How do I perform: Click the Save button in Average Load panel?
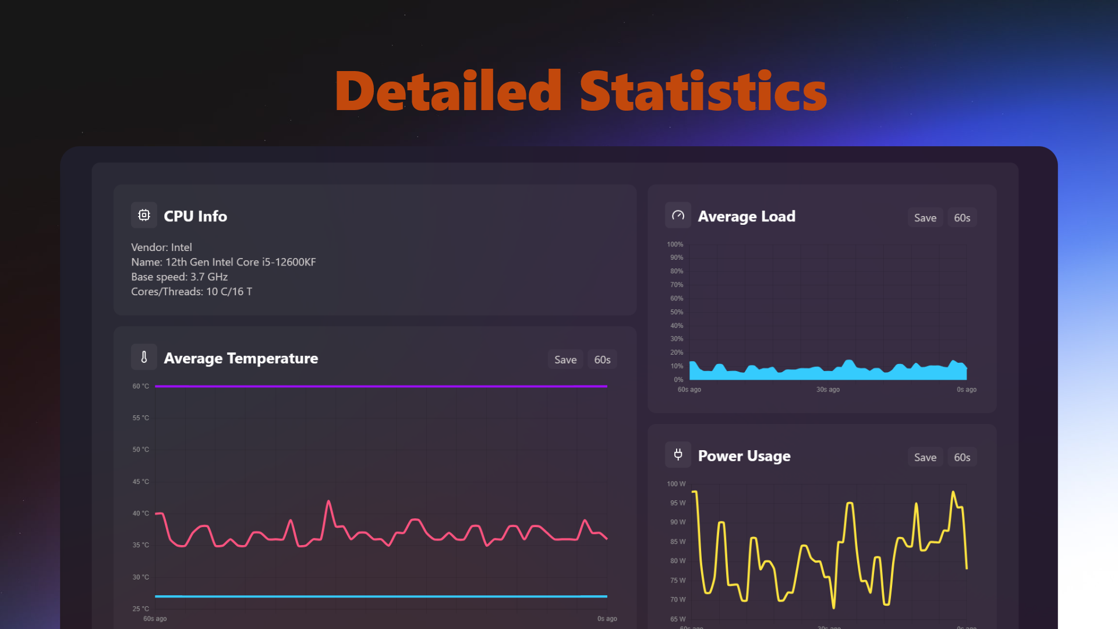pyautogui.click(x=925, y=218)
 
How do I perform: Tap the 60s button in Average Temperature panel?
pyautogui.click(x=602, y=360)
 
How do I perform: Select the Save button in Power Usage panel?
pyautogui.click(x=925, y=457)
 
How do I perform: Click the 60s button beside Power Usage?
pyautogui.click(x=962, y=457)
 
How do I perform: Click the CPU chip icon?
pyautogui.click(x=144, y=215)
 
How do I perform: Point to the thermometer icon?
pyautogui.click(x=144, y=357)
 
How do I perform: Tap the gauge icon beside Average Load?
pyautogui.click(x=678, y=215)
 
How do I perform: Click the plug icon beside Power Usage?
pyautogui.click(x=678, y=455)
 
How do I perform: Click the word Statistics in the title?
pyautogui.click(x=703, y=91)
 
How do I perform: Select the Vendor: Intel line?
pyautogui.click(x=161, y=248)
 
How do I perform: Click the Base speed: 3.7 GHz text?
pyautogui.click(x=179, y=277)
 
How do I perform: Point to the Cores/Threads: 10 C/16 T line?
pyautogui.click(x=192, y=291)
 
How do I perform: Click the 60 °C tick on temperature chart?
pyautogui.click(x=140, y=386)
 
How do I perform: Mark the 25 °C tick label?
pyautogui.click(x=140, y=609)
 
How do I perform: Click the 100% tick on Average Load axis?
pyautogui.click(x=675, y=245)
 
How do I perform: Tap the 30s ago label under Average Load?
pyautogui.click(x=827, y=390)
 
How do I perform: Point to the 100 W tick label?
pyautogui.click(x=676, y=484)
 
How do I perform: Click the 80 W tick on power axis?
pyautogui.click(x=677, y=561)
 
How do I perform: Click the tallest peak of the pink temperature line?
pyautogui.click(x=329, y=501)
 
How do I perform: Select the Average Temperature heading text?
pyautogui.click(x=241, y=358)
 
